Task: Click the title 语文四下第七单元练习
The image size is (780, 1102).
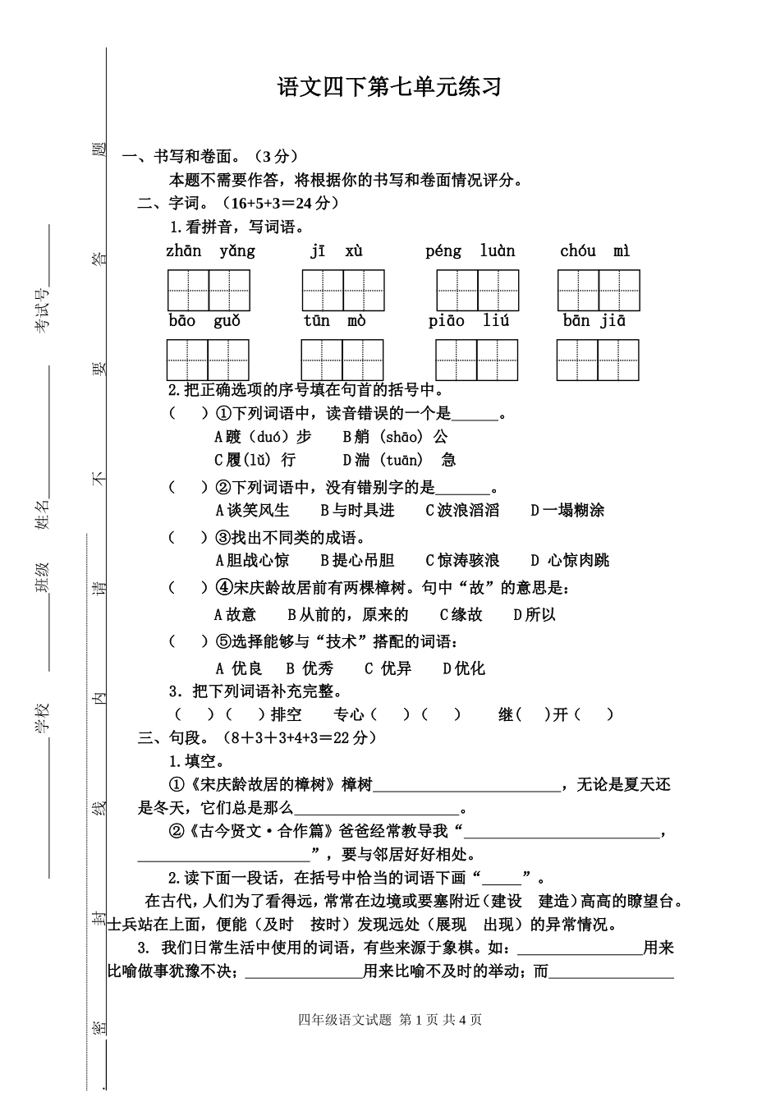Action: pyautogui.click(x=389, y=88)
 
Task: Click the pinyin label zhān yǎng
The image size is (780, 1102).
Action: pyautogui.click(x=210, y=251)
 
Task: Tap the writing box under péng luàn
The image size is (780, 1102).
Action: pyautogui.click(x=477, y=290)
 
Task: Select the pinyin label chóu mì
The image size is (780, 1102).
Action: pyautogui.click(x=595, y=251)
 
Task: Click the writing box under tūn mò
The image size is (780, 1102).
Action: pyautogui.click(x=342, y=360)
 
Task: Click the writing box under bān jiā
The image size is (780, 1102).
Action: pyautogui.click(x=598, y=360)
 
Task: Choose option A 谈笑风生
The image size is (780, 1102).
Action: pyautogui.click(x=252, y=511)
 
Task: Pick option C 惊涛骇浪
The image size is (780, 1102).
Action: pyautogui.click(x=462, y=561)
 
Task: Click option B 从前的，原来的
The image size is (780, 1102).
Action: pyautogui.click(x=348, y=614)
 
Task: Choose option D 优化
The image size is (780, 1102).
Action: pyautogui.click(x=464, y=669)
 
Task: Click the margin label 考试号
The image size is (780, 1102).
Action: pyautogui.click(x=42, y=310)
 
